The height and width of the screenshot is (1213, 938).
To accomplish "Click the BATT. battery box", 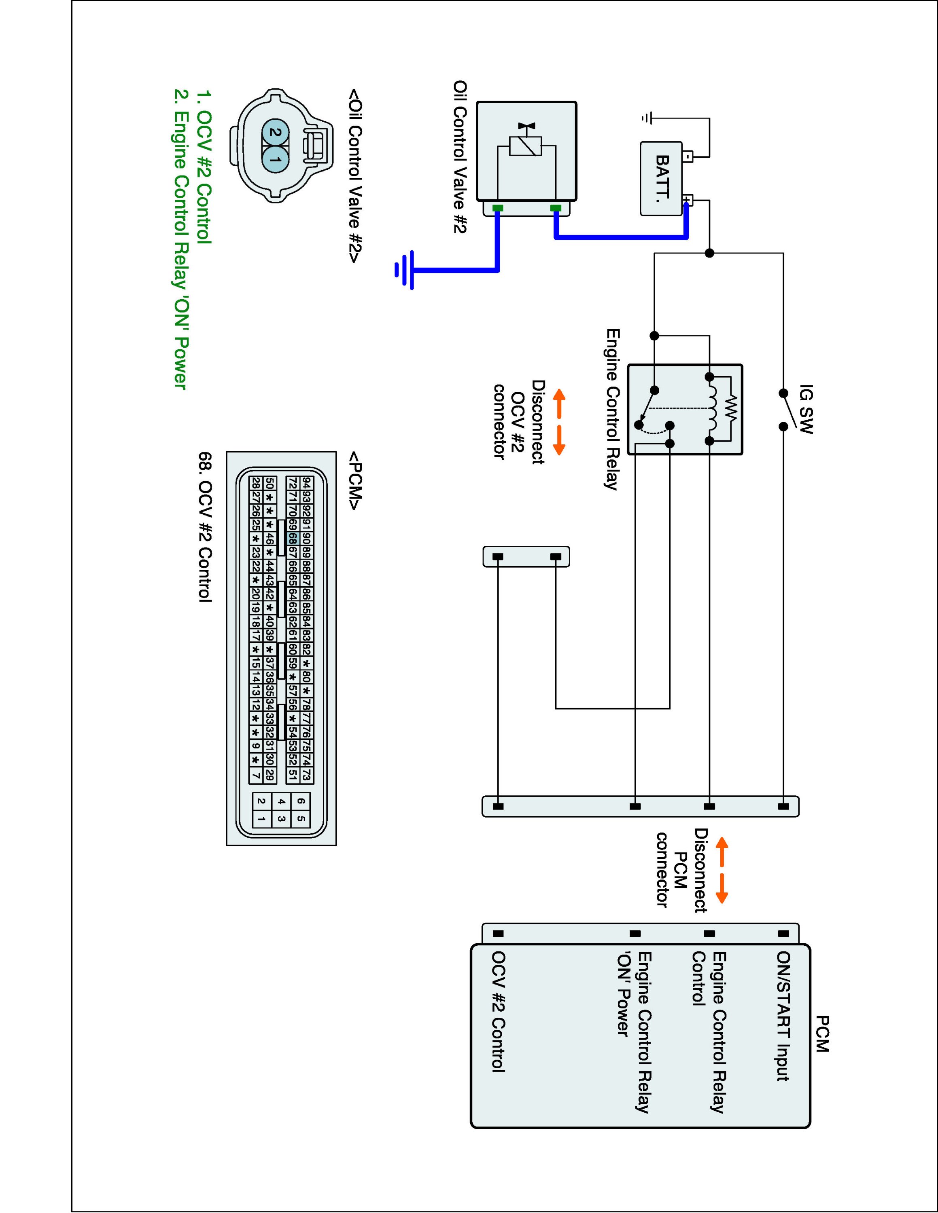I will point(661,178).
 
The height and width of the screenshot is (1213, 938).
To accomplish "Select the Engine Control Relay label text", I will point(612,409).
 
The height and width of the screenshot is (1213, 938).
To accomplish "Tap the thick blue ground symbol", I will point(405,270).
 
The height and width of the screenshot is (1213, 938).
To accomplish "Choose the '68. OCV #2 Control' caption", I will point(205,526).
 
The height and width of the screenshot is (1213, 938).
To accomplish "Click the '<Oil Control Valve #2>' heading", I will point(354,175).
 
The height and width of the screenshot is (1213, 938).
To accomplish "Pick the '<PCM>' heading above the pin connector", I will point(354,480).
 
